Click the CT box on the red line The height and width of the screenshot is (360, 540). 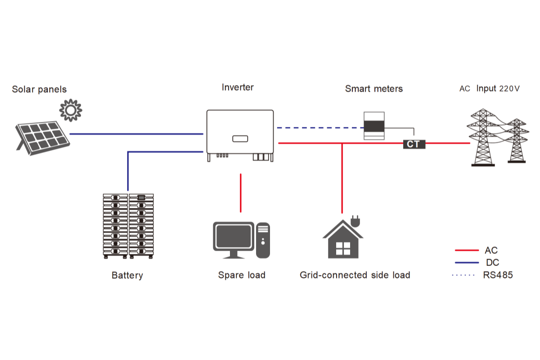414,144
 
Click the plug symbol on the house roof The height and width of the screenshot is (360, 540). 355,221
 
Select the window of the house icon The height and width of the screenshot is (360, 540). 342,247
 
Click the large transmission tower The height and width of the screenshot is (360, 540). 483,137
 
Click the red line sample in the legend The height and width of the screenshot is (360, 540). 466,250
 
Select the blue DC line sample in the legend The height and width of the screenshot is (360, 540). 466,262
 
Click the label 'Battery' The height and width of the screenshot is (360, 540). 127,275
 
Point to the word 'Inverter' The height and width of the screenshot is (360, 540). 238,87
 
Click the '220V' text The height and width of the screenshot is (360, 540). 509,89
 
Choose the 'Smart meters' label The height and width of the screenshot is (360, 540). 373,89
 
